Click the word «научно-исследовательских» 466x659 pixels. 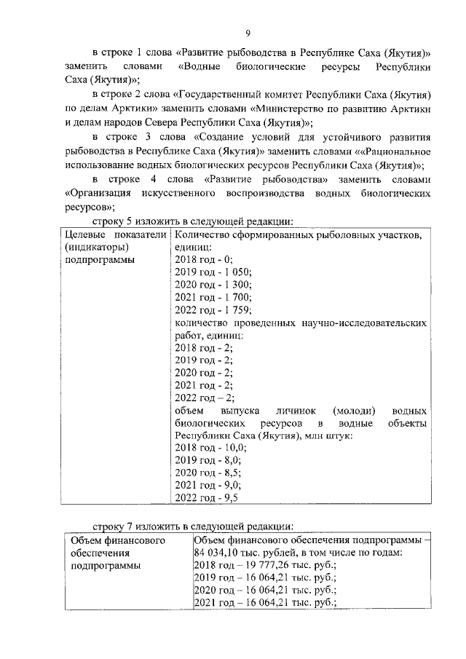click(x=366, y=322)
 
